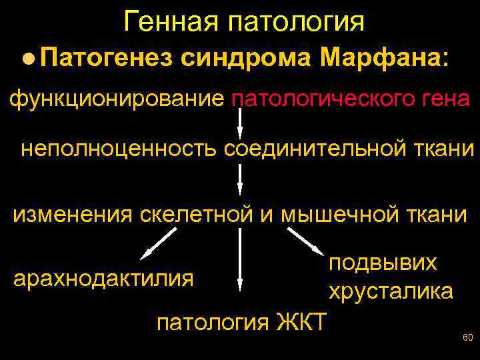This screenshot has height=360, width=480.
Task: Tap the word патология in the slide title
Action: (x=296, y=21)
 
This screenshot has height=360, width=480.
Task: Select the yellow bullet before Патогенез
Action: (x=25, y=59)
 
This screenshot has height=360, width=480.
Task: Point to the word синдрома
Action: (x=246, y=58)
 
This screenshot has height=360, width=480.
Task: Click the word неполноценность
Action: (x=119, y=148)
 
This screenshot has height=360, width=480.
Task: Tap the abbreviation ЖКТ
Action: (x=299, y=323)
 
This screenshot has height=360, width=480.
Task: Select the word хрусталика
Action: (x=390, y=291)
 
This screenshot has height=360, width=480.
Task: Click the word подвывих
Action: (x=383, y=262)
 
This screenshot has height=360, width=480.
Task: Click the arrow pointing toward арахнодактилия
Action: (x=159, y=243)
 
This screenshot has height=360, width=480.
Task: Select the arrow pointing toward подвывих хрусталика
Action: (x=304, y=240)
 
